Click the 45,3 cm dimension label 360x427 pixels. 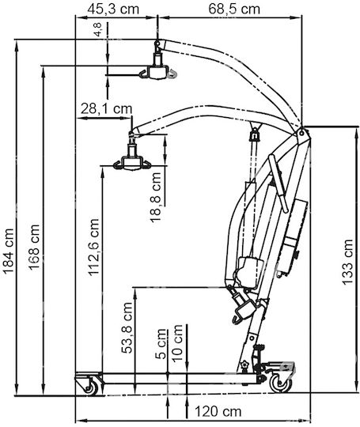tap(113, 9)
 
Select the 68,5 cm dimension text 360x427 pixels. tap(234, 9)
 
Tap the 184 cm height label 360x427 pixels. tap(8, 251)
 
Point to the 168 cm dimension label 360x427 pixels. tap(34, 248)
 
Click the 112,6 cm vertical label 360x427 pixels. tap(93, 248)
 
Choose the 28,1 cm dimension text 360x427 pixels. tap(106, 109)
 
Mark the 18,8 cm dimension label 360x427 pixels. tap(156, 198)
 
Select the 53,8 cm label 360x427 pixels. tap(127, 328)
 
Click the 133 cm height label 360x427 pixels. tap(347, 263)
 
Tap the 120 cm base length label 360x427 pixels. tap(218, 411)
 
